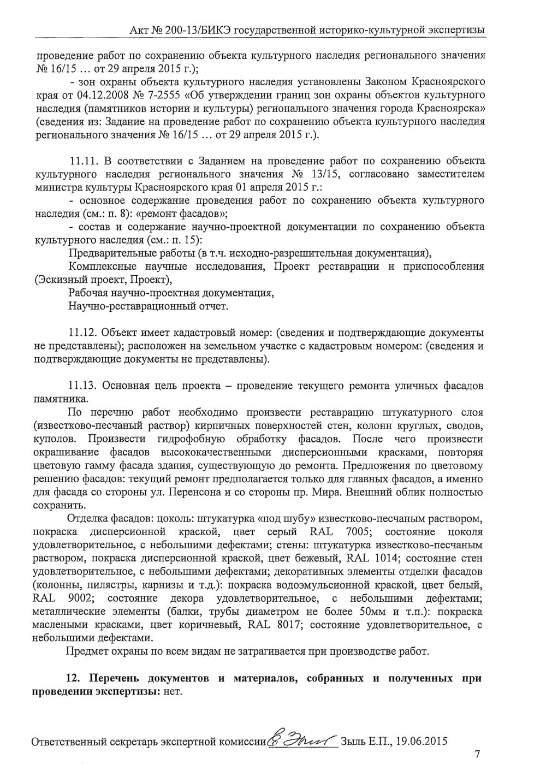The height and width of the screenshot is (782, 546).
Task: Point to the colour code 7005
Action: (358, 532)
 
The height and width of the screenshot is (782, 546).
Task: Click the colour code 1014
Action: (387, 558)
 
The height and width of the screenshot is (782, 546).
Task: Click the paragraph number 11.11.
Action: (83, 161)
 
